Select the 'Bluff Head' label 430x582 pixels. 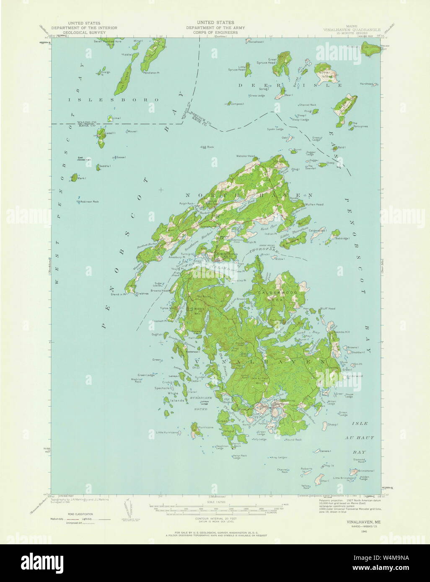pyautogui.click(x=328, y=309)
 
